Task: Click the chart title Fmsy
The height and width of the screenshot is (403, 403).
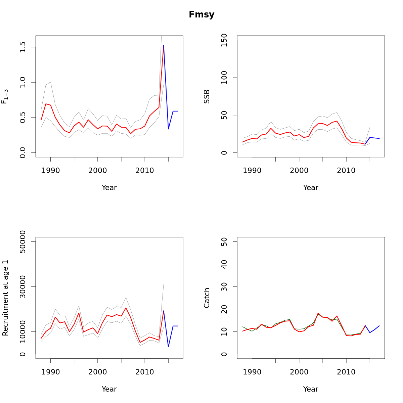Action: [201, 15]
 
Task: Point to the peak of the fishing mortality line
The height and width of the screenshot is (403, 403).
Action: [164, 45]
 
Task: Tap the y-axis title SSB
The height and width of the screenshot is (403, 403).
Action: [207, 96]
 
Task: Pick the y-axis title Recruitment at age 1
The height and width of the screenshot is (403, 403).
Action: [5, 298]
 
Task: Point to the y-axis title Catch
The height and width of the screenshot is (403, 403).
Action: [207, 298]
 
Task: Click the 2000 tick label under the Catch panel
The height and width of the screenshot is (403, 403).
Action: [299, 372]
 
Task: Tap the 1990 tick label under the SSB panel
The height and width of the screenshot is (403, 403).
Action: [252, 171]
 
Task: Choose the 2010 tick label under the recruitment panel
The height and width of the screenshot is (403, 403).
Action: [145, 372]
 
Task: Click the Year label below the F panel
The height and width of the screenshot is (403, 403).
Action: [109, 188]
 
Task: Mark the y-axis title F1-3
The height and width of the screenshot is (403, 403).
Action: [5, 96]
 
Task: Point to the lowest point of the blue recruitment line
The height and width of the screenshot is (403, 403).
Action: [168, 347]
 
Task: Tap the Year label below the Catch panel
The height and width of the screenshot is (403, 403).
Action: [311, 389]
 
